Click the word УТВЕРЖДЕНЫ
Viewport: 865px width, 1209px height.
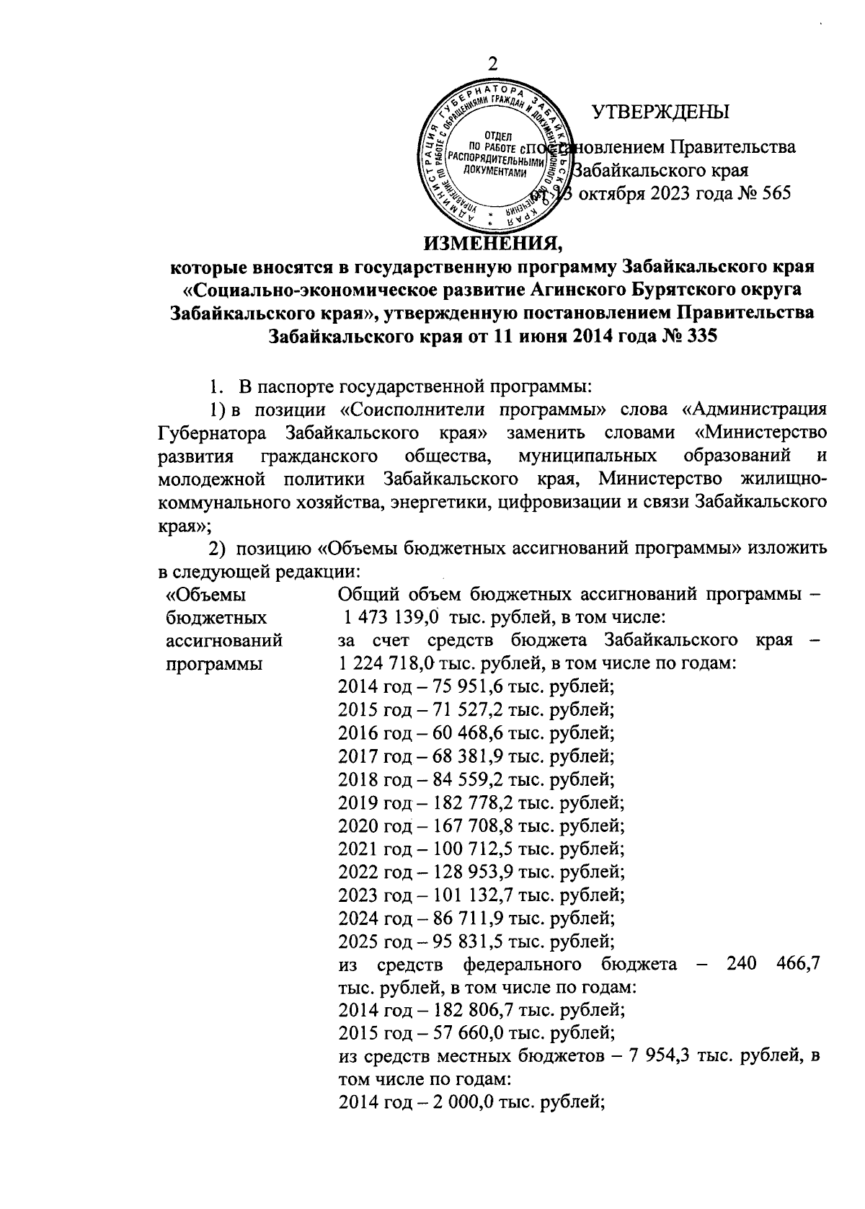tap(660, 112)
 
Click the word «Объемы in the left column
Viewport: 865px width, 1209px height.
tap(205, 595)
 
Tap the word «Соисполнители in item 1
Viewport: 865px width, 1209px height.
tap(410, 411)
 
